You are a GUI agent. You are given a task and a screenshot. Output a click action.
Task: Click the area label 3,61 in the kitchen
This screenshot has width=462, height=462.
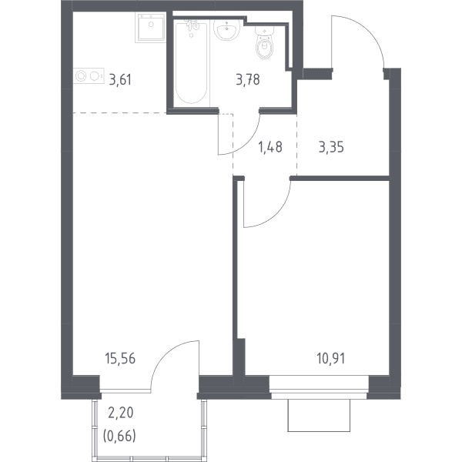click(x=120, y=80)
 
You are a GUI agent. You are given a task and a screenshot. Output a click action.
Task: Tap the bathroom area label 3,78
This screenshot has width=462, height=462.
click(x=248, y=80)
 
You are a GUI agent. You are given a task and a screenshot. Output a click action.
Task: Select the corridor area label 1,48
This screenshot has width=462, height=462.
click(x=270, y=147)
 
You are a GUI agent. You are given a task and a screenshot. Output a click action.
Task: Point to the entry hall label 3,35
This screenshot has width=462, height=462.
click(x=331, y=147)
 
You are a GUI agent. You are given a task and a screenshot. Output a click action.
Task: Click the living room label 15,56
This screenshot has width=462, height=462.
click(x=120, y=359)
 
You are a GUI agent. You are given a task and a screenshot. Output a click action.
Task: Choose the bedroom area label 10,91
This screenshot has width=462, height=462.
click(x=331, y=359)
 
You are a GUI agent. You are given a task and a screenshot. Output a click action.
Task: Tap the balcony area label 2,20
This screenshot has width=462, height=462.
click(x=121, y=413)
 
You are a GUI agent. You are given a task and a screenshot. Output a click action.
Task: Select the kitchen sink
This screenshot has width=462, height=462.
click(x=150, y=27)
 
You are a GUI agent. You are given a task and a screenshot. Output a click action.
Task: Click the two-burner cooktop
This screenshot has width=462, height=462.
click(x=89, y=75)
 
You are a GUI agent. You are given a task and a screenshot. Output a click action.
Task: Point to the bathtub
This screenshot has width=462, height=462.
click(x=191, y=63)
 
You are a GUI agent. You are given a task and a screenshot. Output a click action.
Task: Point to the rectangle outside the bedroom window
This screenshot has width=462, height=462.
click(x=319, y=416)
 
